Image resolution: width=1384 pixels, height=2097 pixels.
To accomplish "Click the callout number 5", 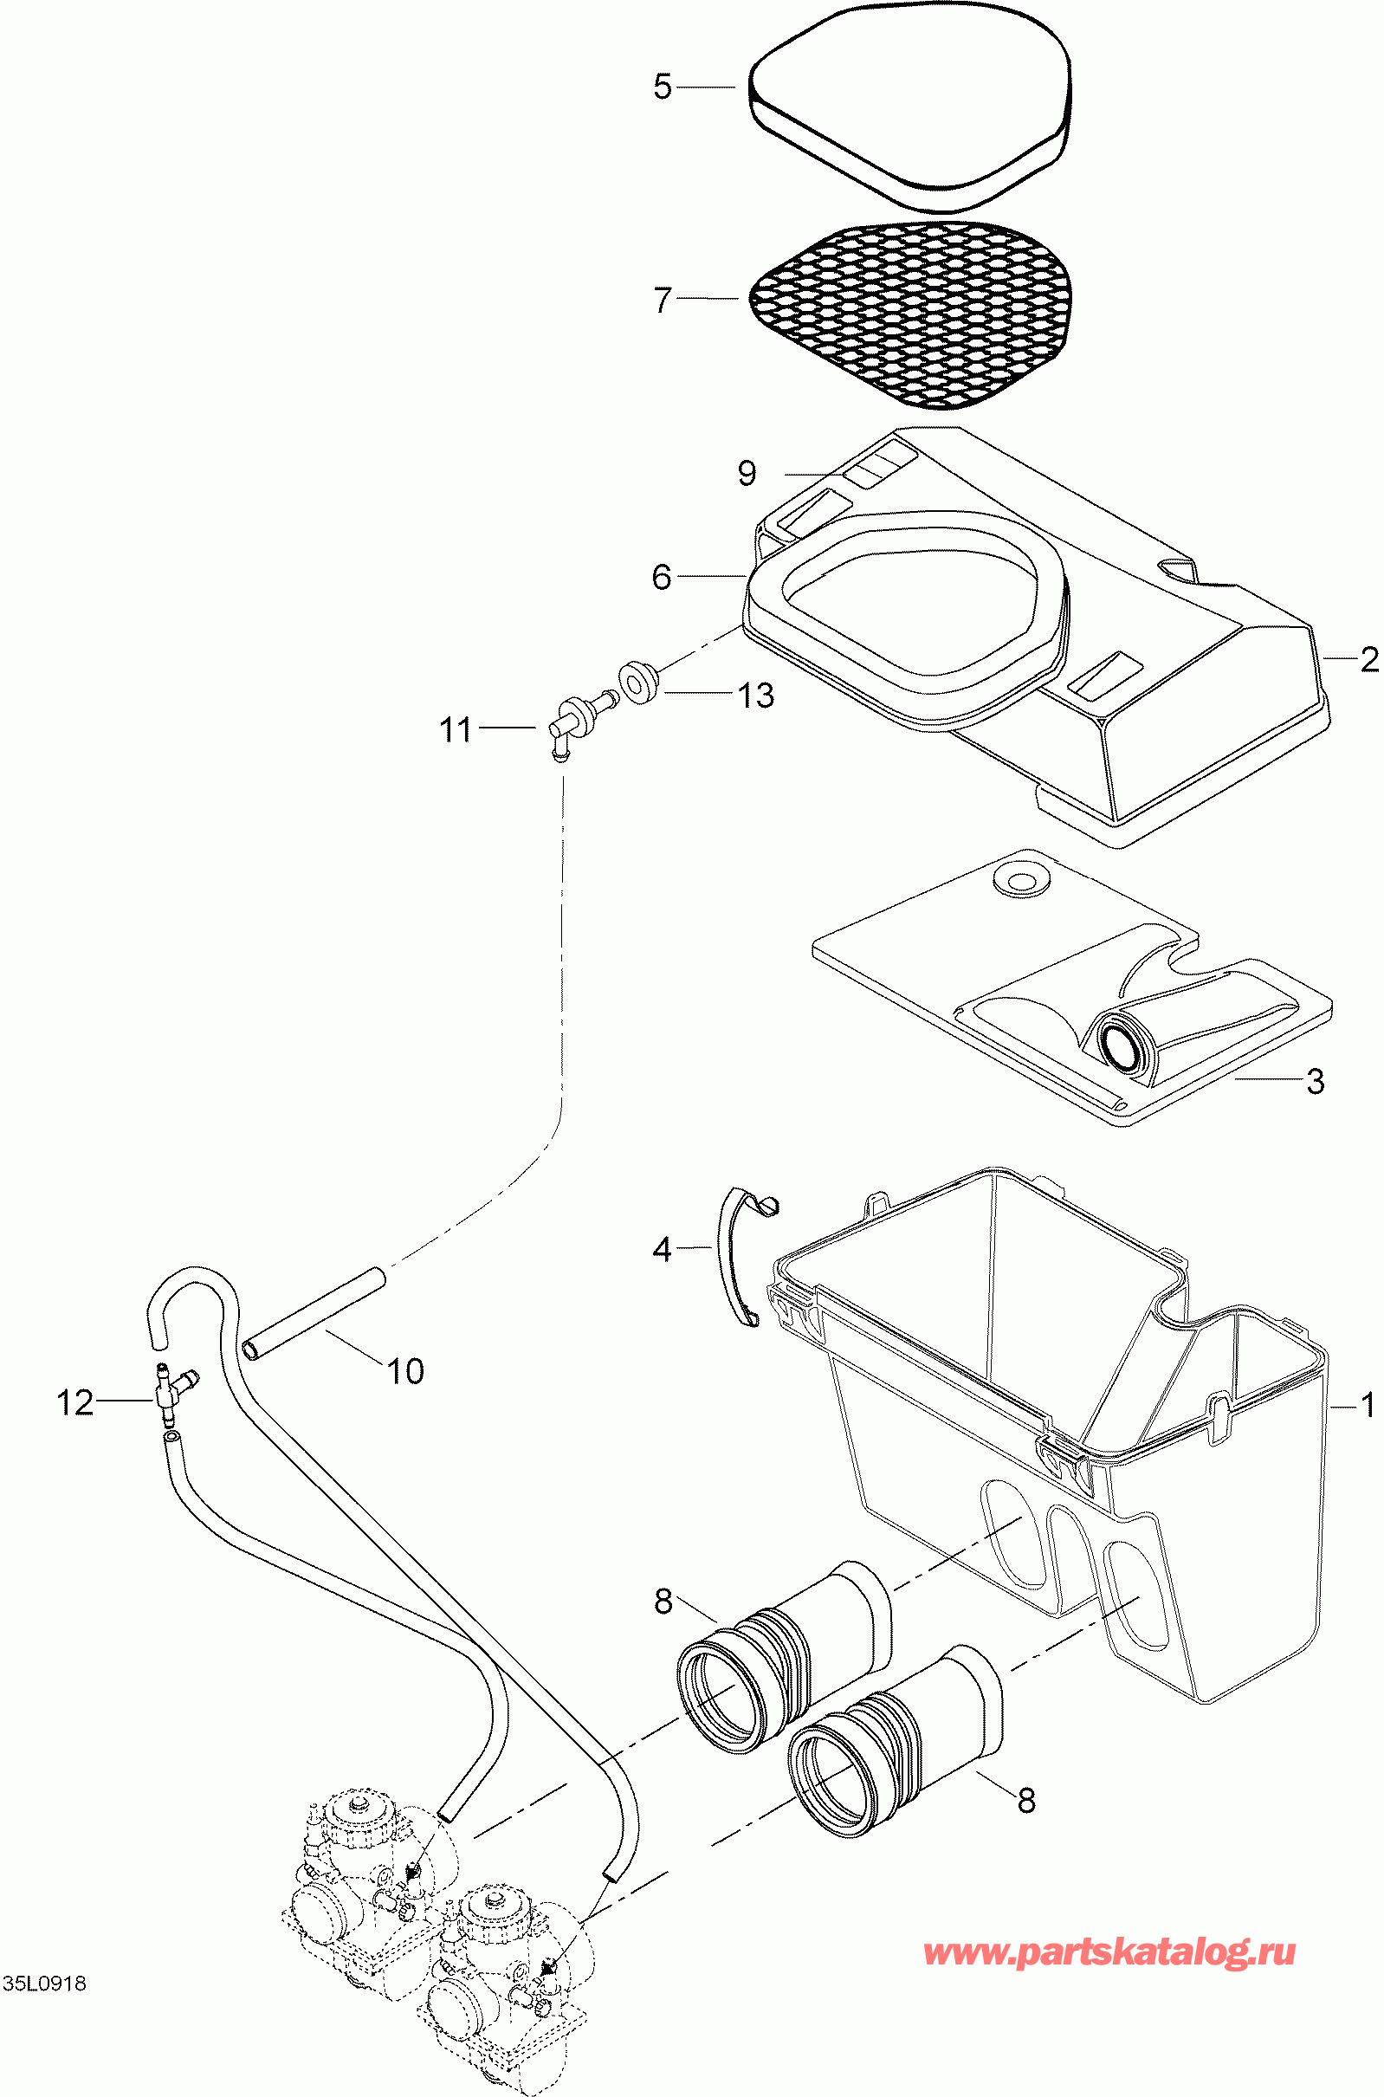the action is tap(662, 87).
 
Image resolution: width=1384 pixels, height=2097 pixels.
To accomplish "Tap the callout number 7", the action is tap(663, 300).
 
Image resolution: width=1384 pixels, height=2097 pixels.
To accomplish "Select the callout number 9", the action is tap(747, 473).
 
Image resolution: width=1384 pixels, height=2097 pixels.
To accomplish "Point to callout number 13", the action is tap(755, 696).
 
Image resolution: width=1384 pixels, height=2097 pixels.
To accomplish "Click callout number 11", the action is tap(456, 730).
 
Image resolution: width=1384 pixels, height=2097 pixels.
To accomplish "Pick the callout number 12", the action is tap(75, 1402).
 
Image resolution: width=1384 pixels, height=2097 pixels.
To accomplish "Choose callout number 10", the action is tap(406, 1370).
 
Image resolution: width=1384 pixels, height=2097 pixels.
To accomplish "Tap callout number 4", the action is tap(662, 1249).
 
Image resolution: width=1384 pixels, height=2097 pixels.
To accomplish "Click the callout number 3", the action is tap(1316, 1080).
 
